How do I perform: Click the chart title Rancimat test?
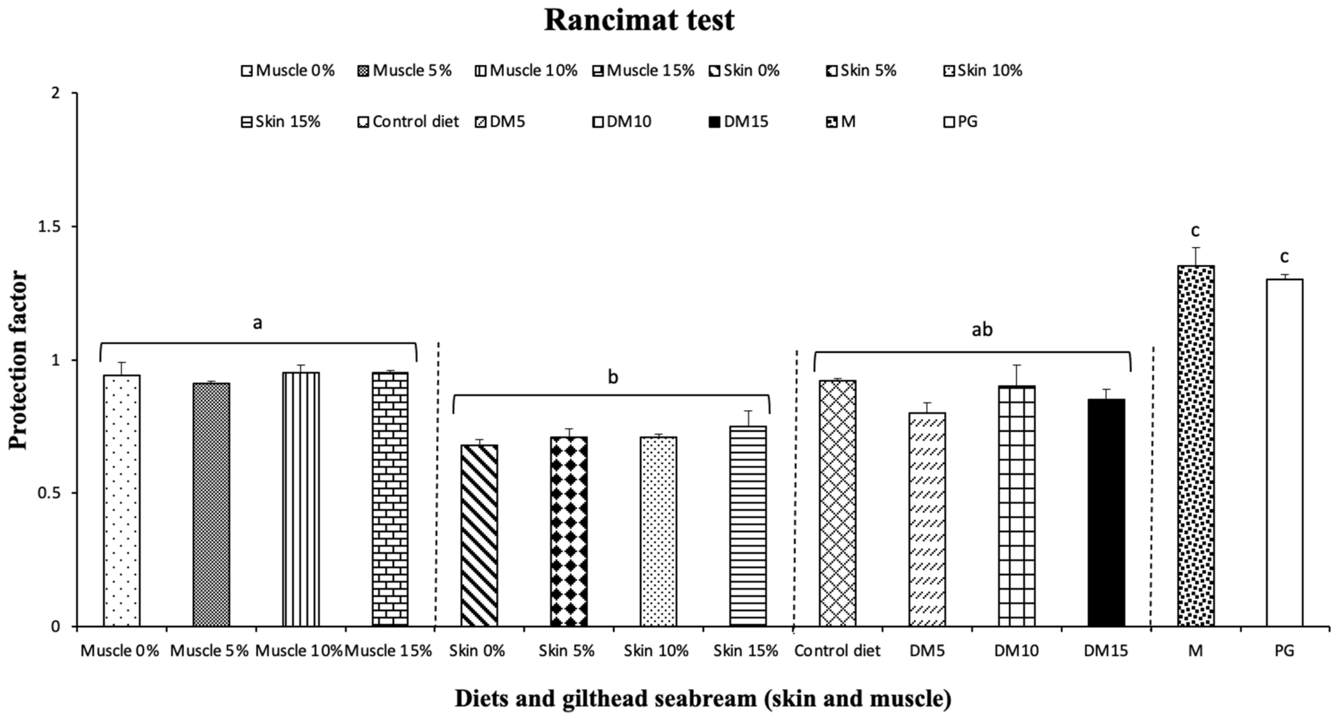(x=639, y=21)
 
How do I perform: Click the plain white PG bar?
(x=1285, y=452)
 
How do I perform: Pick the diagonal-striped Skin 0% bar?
(x=479, y=536)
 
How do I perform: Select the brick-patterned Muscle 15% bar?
(x=390, y=499)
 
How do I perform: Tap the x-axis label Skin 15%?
(x=745, y=651)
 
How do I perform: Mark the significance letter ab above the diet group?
(x=982, y=330)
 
